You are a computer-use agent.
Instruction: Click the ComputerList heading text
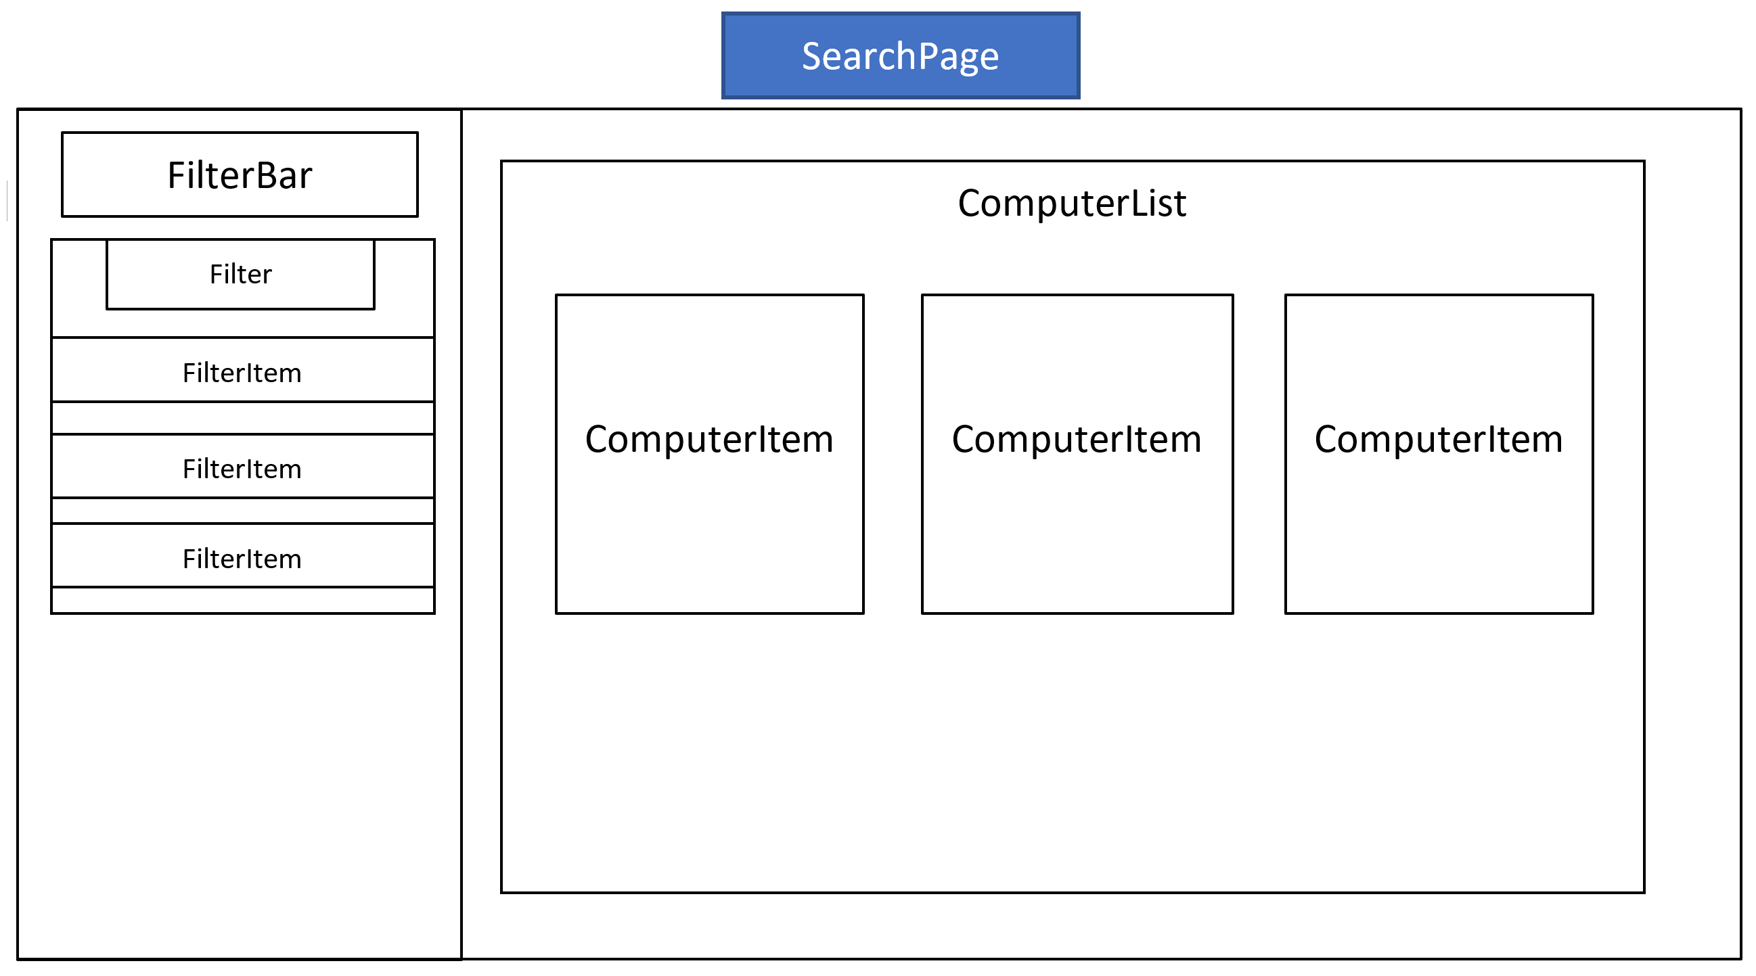1072,203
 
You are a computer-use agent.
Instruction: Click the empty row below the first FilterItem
243,418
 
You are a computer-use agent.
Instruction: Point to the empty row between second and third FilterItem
243,511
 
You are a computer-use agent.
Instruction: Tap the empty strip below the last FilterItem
243,600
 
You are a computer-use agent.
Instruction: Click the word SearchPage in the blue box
900,56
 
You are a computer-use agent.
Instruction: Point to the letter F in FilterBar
176,175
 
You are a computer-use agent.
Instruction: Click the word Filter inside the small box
241,274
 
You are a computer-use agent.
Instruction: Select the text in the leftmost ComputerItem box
709,439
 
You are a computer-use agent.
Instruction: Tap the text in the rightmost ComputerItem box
1439,439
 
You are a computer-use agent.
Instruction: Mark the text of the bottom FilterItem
242,559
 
